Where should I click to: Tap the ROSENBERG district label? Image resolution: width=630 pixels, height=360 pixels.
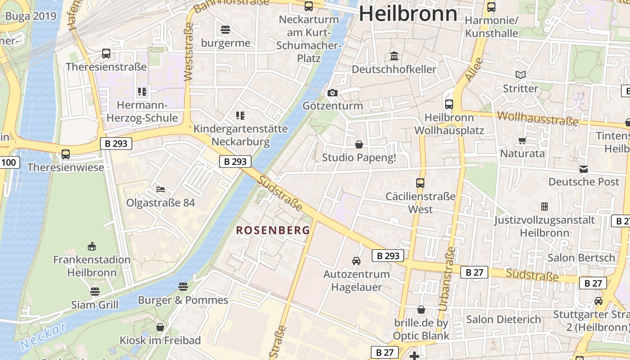click(x=273, y=230)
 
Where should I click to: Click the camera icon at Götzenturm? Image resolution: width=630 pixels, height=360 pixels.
click(x=333, y=93)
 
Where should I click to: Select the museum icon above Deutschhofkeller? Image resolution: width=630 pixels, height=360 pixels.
click(x=394, y=56)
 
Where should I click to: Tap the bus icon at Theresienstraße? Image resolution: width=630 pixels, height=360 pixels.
click(x=106, y=54)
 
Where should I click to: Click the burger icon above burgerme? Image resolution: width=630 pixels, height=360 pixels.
click(x=225, y=30)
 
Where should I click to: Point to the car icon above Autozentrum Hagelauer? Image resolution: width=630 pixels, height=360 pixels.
click(x=356, y=261)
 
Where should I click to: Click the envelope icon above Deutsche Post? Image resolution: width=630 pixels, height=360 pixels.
click(x=584, y=169)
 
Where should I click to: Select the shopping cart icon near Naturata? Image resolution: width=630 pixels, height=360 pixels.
click(x=522, y=140)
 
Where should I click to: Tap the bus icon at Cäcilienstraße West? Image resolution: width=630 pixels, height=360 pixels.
click(x=420, y=183)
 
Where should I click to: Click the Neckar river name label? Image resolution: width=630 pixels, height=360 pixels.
click(x=43, y=336)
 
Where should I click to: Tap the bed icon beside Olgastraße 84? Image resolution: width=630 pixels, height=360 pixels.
click(x=161, y=189)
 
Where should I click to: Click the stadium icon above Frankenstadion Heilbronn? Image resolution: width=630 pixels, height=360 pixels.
click(x=92, y=246)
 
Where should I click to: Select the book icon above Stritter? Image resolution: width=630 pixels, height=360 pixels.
click(x=521, y=75)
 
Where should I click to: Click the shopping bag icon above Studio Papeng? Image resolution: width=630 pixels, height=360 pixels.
click(x=359, y=144)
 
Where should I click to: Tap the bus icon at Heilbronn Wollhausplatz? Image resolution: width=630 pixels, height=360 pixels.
click(x=449, y=104)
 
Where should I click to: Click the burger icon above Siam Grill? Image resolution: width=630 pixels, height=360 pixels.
click(x=94, y=292)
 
